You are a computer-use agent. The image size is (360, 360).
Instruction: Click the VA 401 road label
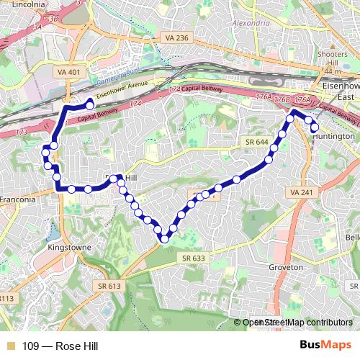click(x=63, y=71)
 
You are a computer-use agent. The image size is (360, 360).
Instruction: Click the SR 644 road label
click(x=256, y=143)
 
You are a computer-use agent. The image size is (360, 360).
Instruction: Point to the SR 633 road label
click(x=193, y=257)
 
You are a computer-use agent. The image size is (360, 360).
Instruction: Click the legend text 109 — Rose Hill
click(x=59, y=346)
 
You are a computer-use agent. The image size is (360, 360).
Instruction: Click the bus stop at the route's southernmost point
click(x=165, y=238)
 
